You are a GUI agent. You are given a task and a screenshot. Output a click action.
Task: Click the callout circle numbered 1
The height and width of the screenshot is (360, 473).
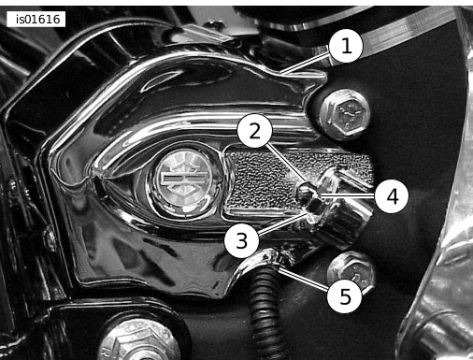coord(346,47)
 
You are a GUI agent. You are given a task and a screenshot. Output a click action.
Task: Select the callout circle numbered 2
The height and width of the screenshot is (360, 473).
coord(255,131)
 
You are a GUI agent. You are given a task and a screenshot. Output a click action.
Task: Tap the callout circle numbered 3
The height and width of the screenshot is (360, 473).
coord(242,241)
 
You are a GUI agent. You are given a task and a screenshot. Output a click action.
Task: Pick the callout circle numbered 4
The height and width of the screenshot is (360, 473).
coord(392,196)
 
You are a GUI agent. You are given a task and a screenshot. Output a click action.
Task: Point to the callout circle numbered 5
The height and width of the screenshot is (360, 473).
coord(345,296)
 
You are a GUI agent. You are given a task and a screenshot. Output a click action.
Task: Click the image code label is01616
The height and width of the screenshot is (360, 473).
coord(36,20)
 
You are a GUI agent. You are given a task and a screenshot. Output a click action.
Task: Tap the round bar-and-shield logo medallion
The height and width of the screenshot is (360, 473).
coord(183,181)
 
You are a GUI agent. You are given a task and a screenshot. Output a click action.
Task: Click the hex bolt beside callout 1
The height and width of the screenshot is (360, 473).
coord(345,114)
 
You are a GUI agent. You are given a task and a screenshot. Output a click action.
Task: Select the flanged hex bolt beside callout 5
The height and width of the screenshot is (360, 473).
coord(351,273)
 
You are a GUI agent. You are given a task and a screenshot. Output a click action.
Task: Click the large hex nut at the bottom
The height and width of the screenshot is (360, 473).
coord(137,341)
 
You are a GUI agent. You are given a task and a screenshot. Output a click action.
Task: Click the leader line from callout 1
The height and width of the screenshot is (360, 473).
coord(305,64)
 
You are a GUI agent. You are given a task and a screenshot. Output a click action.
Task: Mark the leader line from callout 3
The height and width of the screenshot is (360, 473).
coord(280,223)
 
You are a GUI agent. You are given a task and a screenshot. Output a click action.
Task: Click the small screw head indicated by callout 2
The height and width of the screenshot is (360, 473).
coord(304,188)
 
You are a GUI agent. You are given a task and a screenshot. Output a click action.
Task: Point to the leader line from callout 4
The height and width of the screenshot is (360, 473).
coord(348,195)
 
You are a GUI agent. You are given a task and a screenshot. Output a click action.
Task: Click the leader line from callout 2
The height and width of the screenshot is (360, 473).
coord(284,161)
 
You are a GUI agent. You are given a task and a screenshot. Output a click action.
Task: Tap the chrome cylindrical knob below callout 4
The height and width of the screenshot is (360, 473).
coord(344,218)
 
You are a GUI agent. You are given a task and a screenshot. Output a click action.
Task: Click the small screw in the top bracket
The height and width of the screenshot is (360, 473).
coord(214,23)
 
